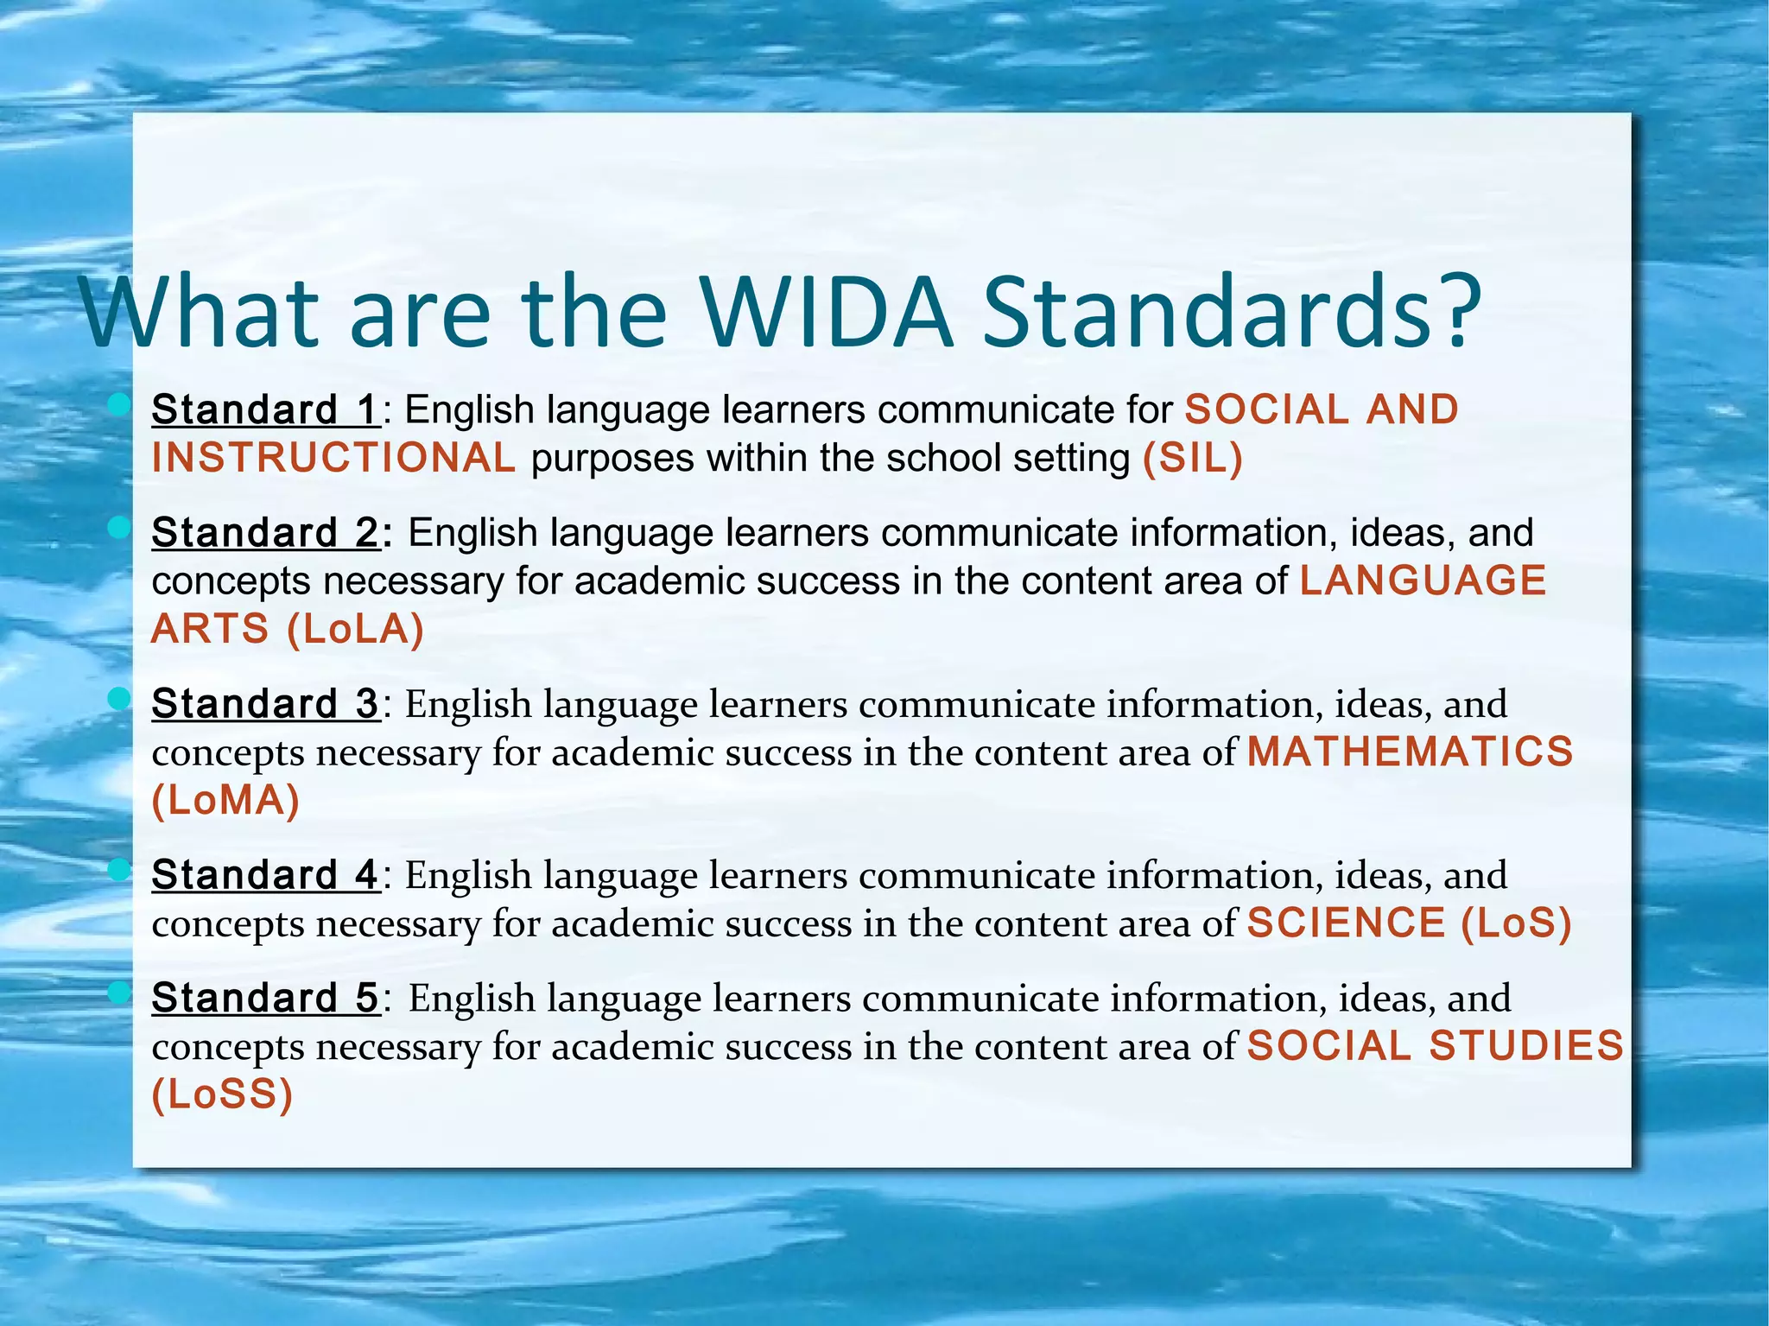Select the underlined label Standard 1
pos(265,409)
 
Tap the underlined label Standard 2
pos(265,532)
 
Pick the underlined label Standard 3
pos(265,704)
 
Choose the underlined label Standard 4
pos(265,875)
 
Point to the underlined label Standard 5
pos(265,998)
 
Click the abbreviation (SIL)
pos(1192,458)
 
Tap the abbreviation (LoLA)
pos(355,629)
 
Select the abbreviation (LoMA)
pos(225,801)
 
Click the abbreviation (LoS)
pos(1516,923)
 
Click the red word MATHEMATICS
pos(1410,752)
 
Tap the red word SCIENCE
pos(1346,923)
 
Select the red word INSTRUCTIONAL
pos(333,458)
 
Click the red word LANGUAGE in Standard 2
pos(1423,581)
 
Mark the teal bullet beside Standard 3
pos(119,698)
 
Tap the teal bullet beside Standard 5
pos(119,993)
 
